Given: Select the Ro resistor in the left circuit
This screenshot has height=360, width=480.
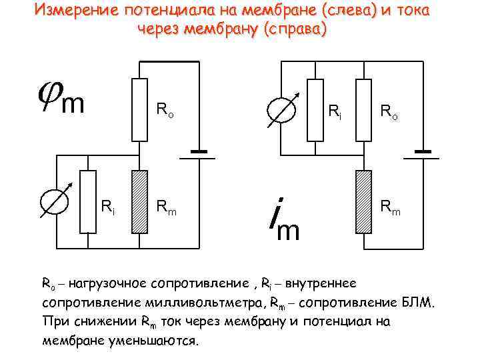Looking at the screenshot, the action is tap(139, 110).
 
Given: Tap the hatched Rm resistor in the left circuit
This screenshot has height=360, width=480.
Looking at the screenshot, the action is tap(139, 201).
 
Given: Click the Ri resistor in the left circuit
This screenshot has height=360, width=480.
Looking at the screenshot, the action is tap(88, 201).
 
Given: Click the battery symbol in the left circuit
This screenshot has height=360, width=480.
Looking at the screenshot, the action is tap(198, 155).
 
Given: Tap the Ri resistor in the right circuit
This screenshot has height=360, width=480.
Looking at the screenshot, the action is tap(315, 110).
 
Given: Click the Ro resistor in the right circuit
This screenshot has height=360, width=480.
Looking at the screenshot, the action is tap(363, 110).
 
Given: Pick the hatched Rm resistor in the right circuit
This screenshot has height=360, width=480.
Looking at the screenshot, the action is tap(363, 201).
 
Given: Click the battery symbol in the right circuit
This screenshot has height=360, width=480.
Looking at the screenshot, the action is tap(422, 154).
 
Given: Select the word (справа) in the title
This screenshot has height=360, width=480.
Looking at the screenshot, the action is tap(291, 29).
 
